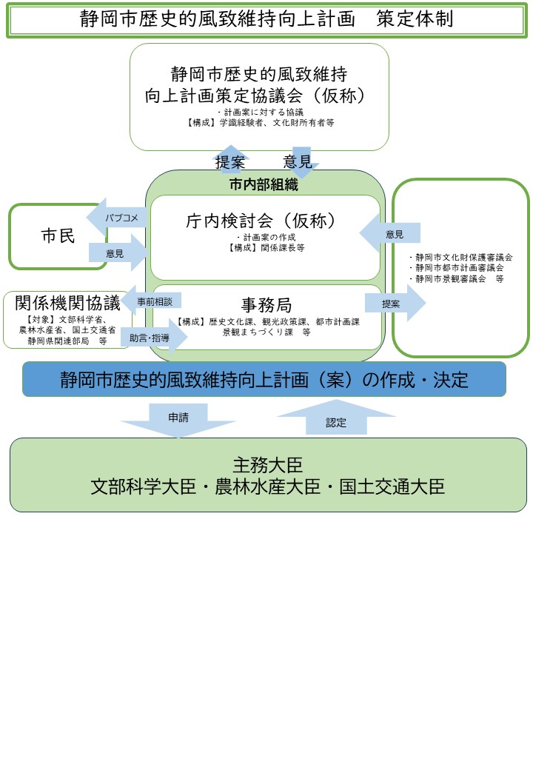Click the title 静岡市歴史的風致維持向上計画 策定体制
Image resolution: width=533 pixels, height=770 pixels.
(266, 19)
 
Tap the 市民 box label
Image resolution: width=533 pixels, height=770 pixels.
(58, 236)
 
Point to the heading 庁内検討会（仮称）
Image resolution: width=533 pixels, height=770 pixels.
(266, 221)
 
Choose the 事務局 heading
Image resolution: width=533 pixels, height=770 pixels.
(266, 304)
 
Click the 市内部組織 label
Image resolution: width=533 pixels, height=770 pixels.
(264, 185)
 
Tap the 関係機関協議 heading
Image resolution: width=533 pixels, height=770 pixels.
(67, 304)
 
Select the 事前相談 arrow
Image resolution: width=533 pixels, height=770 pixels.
(152, 301)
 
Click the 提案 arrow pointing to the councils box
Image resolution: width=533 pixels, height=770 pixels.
(394, 304)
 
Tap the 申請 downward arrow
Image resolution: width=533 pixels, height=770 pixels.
(178, 419)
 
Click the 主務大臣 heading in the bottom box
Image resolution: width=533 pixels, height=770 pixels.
(267, 464)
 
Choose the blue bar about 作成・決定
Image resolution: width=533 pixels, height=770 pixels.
(264, 380)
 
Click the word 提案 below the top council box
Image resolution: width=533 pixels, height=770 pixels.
(230, 162)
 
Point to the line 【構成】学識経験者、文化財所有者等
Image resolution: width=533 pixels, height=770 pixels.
(260, 122)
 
